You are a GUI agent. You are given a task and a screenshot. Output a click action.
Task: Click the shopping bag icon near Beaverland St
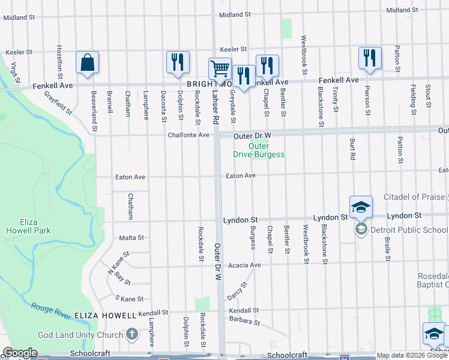[88, 62]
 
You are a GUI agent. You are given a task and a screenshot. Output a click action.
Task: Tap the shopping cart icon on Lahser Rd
[220, 68]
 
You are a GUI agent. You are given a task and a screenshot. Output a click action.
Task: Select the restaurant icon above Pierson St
[369, 58]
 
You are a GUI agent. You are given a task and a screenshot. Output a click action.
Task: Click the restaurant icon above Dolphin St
[178, 62]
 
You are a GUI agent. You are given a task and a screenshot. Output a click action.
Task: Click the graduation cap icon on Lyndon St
[361, 207]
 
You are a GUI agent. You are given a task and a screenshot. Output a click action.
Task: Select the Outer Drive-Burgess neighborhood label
[259, 150]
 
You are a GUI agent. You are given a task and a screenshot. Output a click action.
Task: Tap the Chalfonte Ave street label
[188, 136]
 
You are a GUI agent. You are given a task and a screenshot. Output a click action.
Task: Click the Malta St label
[131, 238]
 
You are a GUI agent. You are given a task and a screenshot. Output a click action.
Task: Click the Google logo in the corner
[20, 353]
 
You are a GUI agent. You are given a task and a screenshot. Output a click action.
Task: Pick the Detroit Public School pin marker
[361, 229]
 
